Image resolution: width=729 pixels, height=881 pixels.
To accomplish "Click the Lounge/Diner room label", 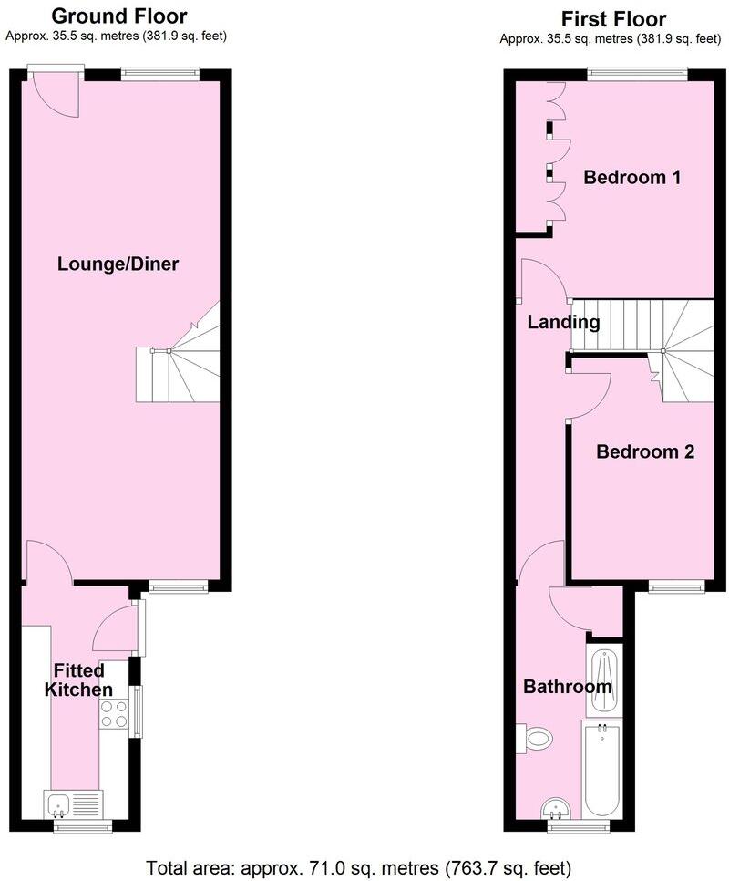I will click(118, 264).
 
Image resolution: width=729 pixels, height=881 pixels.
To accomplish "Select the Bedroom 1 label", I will click(632, 177).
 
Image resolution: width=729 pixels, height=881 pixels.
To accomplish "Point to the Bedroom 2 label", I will click(645, 451).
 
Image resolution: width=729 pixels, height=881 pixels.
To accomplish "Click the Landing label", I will click(563, 322).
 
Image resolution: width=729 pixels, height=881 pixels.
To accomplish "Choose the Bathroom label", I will click(567, 687).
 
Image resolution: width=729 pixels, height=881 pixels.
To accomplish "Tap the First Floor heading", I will click(613, 18).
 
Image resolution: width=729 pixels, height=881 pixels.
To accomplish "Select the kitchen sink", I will click(75, 804).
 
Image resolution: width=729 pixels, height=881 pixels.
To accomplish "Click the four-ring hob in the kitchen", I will click(114, 713).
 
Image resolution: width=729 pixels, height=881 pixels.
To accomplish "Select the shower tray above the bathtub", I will click(603, 682).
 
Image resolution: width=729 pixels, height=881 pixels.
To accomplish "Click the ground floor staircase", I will click(182, 365).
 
